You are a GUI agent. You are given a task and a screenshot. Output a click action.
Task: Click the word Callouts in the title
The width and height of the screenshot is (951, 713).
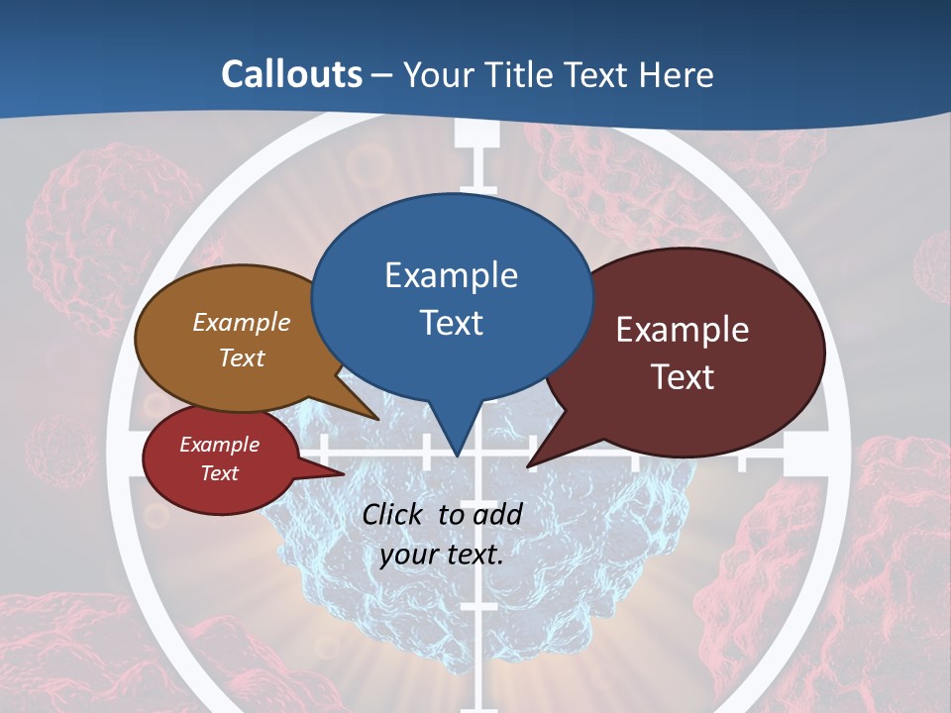[291, 74]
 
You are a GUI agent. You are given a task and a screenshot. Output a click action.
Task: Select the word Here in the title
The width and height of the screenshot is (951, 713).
[678, 74]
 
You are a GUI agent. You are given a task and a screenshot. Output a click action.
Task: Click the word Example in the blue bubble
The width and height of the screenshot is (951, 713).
[451, 275]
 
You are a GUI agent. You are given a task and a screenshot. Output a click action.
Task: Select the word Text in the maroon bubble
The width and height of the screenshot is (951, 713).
[683, 377]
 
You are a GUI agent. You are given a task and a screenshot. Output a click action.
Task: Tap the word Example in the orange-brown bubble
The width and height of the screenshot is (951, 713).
[241, 323]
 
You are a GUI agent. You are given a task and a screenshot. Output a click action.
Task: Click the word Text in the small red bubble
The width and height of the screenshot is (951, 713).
[219, 473]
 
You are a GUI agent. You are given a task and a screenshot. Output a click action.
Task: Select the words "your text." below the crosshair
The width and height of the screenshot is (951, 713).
[442, 555]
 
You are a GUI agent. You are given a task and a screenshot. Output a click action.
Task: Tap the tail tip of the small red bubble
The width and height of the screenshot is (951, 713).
[344, 474]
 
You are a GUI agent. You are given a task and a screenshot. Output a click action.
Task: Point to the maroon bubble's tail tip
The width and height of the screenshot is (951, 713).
[529, 465]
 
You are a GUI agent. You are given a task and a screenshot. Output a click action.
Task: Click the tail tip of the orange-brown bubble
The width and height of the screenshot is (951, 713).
[379, 420]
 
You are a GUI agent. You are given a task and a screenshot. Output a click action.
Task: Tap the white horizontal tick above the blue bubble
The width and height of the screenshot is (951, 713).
[478, 187]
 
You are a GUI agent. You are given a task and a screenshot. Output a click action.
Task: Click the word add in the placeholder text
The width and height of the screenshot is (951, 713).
[497, 514]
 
